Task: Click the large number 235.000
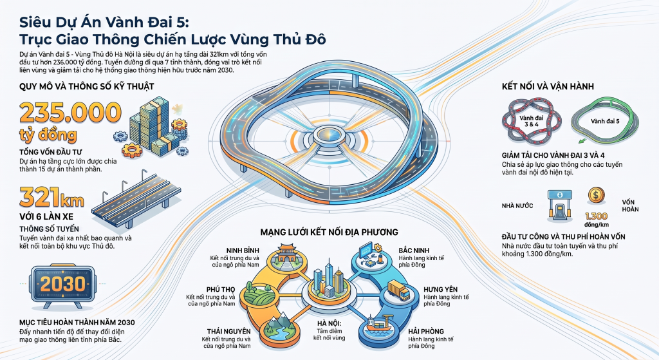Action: tap(70, 112)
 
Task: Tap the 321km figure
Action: tap(51, 197)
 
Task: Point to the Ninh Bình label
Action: tap(243, 251)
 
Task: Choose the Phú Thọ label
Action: tap(221, 289)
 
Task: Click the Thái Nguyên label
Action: tap(228, 332)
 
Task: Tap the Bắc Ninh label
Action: tap(414, 251)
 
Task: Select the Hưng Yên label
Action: tap(440, 289)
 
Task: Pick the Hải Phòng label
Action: tap(426, 332)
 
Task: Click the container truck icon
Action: tap(398, 290)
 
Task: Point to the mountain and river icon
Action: tap(278, 327)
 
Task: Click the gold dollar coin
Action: tap(596, 195)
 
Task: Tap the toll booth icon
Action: tap(560, 205)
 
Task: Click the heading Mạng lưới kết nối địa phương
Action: tap(329, 232)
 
